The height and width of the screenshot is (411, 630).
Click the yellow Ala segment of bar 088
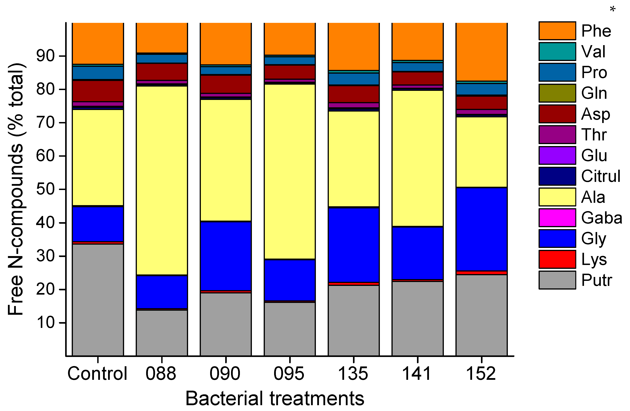tap(162, 180)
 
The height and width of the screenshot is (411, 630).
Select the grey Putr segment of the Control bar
tap(98, 300)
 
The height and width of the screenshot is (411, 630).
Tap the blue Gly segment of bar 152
tap(481, 229)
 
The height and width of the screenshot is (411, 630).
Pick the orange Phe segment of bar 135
tap(353, 46)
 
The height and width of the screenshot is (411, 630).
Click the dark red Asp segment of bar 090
tap(226, 84)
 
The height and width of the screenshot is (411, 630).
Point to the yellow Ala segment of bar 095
tap(290, 172)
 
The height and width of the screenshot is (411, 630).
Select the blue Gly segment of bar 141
tap(417, 253)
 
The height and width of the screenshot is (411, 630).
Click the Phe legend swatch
tap(557, 31)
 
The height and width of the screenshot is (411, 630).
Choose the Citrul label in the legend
tap(600, 176)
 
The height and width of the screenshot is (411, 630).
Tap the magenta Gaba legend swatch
tap(557, 218)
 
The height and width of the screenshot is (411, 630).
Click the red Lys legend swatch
tap(557, 259)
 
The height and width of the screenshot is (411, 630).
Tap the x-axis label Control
tap(97, 374)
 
